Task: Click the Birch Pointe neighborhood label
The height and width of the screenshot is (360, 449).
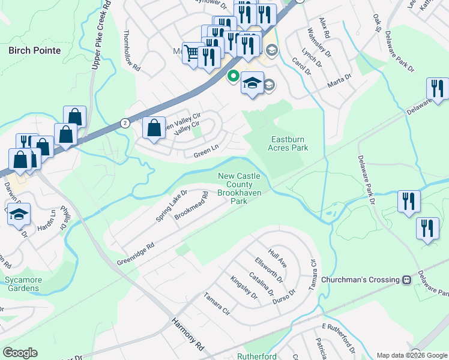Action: point(35,50)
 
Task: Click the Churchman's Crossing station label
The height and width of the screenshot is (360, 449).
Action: point(360,280)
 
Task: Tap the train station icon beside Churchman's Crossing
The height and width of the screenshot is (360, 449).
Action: point(406,280)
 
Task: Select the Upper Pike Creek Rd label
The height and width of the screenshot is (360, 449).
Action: point(100,35)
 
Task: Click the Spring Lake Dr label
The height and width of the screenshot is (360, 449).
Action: point(172,206)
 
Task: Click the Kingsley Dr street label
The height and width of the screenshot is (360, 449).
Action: point(244,287)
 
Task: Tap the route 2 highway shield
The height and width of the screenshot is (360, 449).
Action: point(124,123)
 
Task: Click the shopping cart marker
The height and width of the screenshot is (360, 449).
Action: point(191,53)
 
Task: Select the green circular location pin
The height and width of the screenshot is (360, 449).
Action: point(232,77)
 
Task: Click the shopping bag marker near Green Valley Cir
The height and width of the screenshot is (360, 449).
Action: point(154,128)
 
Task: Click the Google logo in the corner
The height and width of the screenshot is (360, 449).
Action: point(20,353)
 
